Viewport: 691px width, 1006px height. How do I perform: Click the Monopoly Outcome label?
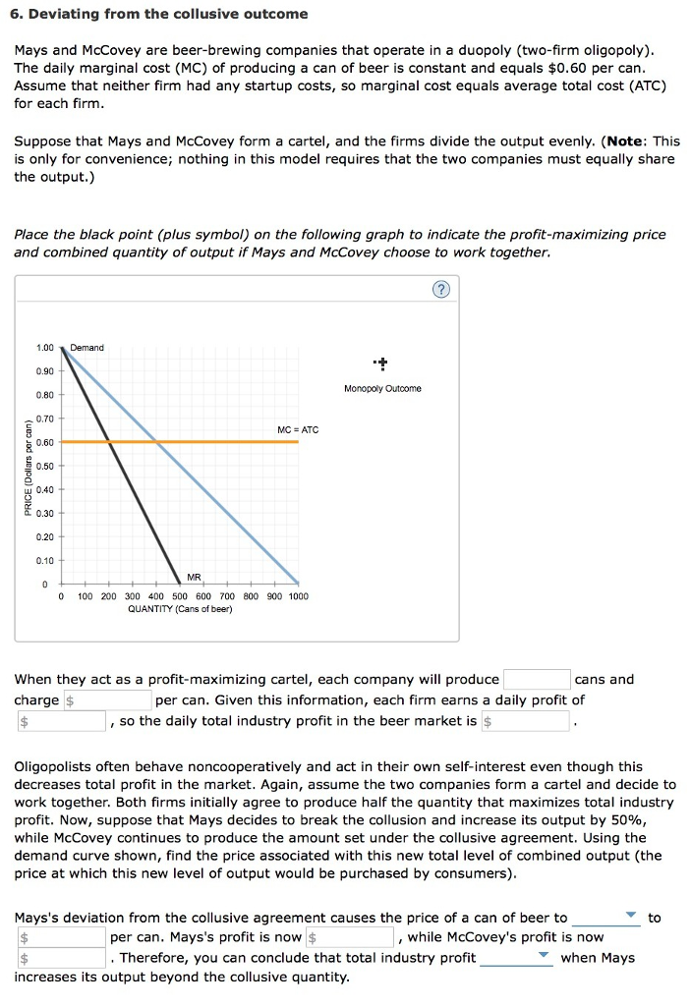(382, 389)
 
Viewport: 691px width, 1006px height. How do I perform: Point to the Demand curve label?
(86, 348)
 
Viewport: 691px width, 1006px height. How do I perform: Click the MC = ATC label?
(298, 429)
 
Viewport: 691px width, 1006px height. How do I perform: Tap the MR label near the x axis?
(194, 578)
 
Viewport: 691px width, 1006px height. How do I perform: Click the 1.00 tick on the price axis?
(45, 348)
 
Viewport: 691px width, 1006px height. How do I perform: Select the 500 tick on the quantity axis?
(180, 596)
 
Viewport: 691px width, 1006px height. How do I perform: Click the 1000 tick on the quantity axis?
(297, 596)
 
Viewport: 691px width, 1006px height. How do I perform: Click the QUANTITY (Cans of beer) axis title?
(180, 609)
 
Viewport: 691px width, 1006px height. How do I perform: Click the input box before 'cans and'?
(537, 680)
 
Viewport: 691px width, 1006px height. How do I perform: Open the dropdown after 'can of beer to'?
(605, 918)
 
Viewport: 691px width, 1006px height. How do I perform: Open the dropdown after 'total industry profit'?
(516, 958)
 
